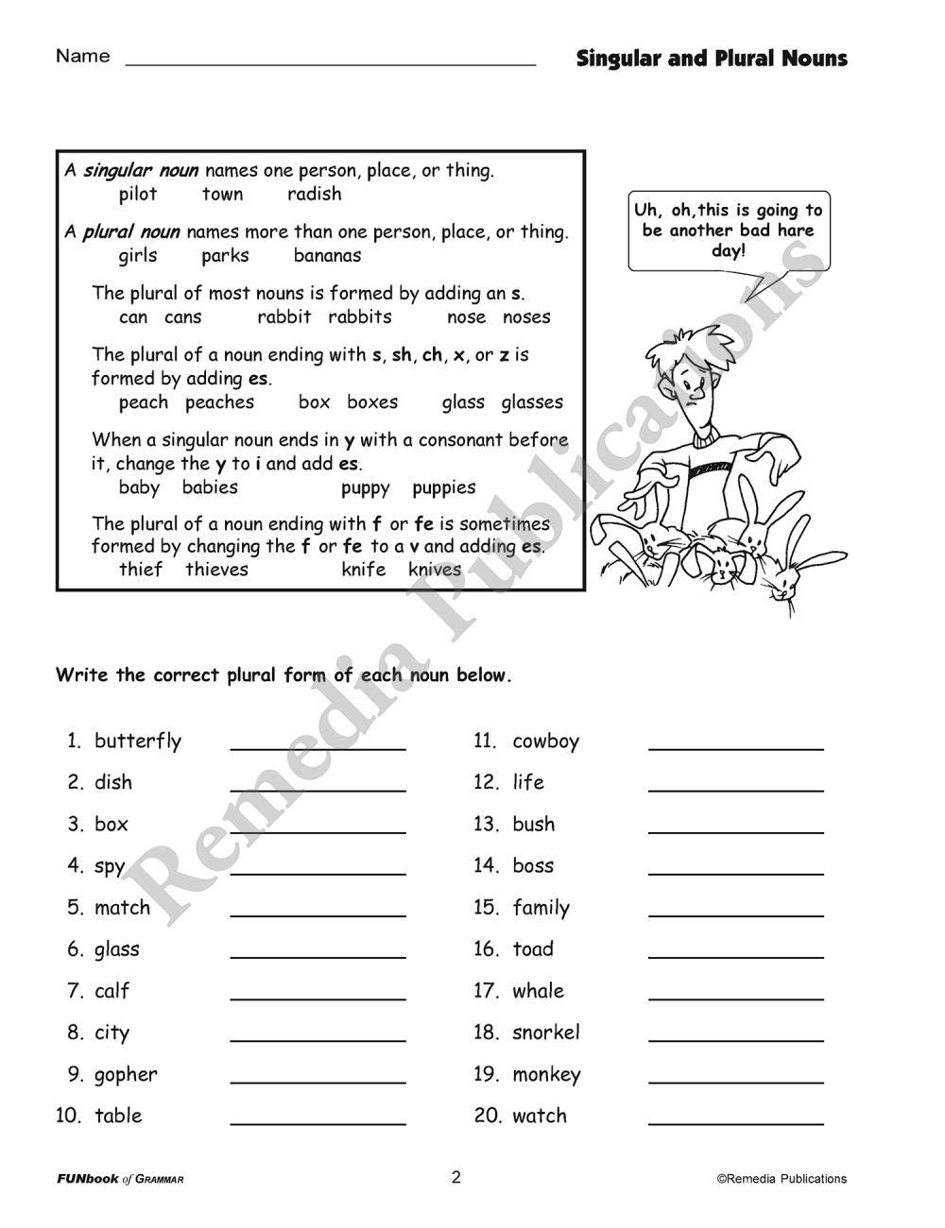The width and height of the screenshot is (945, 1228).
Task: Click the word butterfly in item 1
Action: click(x=138, y=742)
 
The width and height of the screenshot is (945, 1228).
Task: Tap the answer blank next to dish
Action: click(x=318, y=784)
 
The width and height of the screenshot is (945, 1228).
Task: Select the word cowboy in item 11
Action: click(x=545, y=742)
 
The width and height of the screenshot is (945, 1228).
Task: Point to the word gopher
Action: click(x=126, y=1075)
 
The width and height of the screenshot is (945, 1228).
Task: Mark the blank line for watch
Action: click(x=735, y=1118)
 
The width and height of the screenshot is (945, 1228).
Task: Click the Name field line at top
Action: click(x=331, y=60)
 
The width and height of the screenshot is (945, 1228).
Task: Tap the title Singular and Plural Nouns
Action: click(x=712, y=59)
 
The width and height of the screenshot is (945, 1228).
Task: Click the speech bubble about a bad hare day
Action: click(x=729, y=230)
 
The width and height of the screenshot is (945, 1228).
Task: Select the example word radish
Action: click(x=315, y=195)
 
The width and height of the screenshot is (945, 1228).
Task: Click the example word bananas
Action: click(x=327, y=256)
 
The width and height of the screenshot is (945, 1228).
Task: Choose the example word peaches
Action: click(x=219, y=402)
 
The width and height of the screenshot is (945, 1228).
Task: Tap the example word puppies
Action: click(x=443, y=488)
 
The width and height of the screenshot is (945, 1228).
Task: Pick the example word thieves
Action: click(x=216, y=570)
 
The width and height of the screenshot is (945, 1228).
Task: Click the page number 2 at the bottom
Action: click(x=455, y=1177)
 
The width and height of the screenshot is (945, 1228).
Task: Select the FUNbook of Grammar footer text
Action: click(x=120, y=1179)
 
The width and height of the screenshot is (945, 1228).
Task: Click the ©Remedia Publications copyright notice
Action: click(x=782, y=1179)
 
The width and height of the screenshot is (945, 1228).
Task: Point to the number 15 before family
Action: click(x=486, y=908)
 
